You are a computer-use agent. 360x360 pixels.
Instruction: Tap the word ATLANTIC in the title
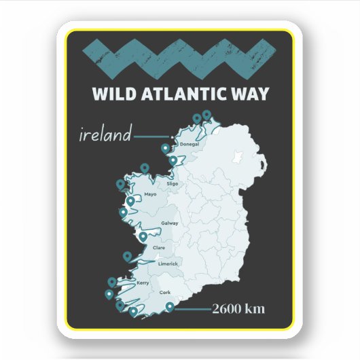[183, 93]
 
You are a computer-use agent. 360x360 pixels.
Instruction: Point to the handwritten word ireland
[105, 134]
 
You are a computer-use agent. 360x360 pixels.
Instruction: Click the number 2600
[228, 309]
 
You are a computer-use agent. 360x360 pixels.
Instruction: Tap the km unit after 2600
[255, 309]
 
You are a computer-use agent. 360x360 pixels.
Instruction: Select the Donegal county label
[190, 145]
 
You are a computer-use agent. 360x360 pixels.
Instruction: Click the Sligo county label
[172, 183]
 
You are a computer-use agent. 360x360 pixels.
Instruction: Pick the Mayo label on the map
[150, 194]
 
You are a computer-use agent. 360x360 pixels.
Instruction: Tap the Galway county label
[170, 223]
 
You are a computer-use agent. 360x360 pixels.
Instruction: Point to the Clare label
[159, 247]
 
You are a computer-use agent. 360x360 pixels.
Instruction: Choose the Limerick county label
[168, 264]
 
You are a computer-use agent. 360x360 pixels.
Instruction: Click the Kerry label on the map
[143, 283]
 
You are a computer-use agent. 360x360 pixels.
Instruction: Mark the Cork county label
[164, 292]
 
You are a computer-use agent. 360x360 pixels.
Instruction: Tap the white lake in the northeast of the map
[238, 157]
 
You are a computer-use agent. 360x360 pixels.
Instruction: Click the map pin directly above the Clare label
[143, 236]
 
